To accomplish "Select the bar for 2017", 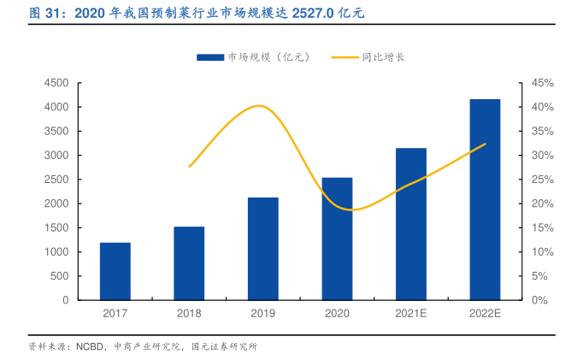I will pos(115,271).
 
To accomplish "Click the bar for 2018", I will pos(189,263).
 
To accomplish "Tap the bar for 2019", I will pos(263,249).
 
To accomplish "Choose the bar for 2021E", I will pos(411,224).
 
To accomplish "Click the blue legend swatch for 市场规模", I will pos(210,57).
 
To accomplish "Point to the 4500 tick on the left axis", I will pos(56,83).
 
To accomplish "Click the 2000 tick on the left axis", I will pos(56,204).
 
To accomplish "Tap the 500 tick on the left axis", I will pos(59,276).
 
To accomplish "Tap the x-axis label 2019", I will pos(263,314).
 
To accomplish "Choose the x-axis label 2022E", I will pos(485,314).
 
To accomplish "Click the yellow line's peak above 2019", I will pos(260,106).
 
